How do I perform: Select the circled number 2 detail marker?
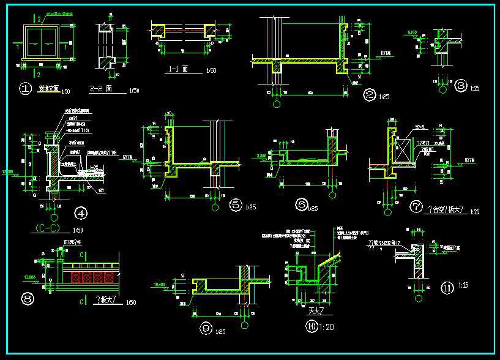point(369,95)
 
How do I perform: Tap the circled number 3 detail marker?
point(461,86)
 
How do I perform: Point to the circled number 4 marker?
point(80,214)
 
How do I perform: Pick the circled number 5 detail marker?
point(236,206)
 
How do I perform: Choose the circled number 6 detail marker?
point(301,204)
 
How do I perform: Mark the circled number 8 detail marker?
point(27,299)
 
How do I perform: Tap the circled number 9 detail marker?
point(206,329)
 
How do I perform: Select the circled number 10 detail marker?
point(312,327)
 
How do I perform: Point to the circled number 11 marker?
point(447,287)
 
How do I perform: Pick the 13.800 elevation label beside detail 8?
point(29,277)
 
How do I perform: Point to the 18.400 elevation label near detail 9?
point(160,285)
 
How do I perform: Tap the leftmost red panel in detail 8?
point(76,277)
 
